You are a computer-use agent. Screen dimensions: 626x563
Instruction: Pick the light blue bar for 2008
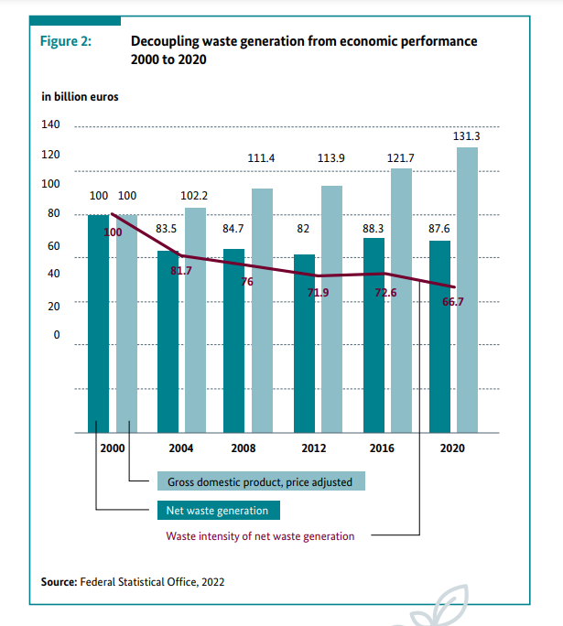262,310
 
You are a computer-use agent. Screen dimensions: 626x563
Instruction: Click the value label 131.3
467,136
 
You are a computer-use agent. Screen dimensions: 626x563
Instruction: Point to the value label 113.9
330,158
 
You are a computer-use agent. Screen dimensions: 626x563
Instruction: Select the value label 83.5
167,228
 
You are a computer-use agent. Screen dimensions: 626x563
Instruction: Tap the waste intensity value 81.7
181,271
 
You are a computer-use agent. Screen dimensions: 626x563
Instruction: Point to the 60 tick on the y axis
53,246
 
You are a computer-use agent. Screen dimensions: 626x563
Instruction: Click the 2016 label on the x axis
382,448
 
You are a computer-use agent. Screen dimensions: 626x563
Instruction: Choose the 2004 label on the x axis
180,448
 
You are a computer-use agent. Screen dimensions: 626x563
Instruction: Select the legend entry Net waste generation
217,510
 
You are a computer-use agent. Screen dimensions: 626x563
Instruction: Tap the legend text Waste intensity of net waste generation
260,536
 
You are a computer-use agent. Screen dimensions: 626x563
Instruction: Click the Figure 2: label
67,42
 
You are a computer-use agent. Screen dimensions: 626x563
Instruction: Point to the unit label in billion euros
80,96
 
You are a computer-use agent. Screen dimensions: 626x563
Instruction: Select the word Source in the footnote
59,581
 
